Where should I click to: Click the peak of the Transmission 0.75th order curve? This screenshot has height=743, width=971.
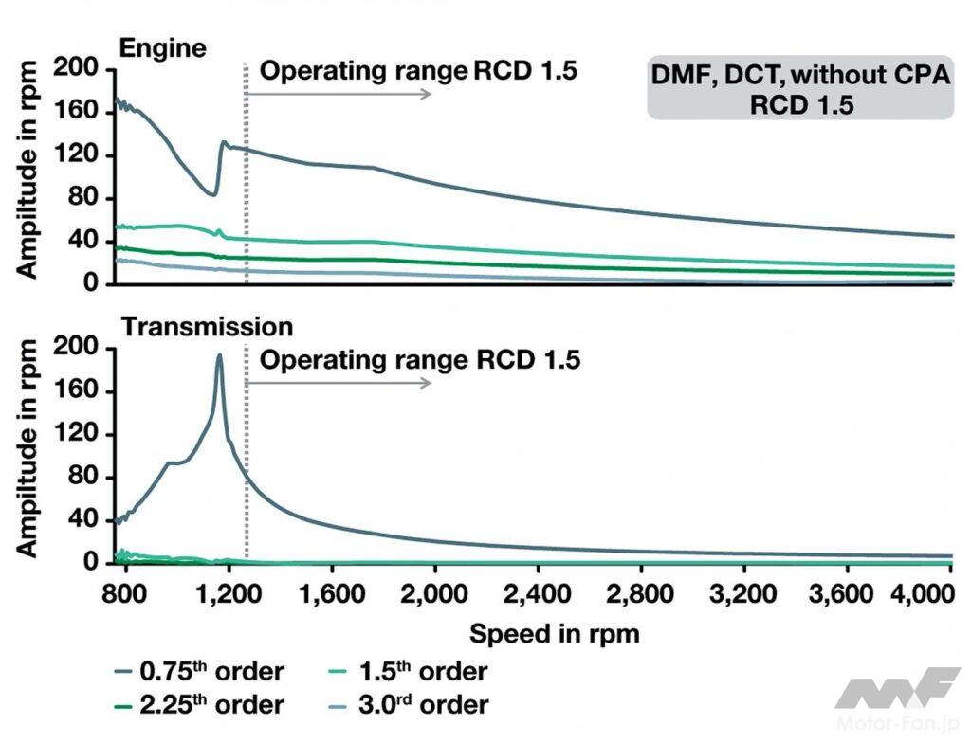219,356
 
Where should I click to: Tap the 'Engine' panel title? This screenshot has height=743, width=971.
162,48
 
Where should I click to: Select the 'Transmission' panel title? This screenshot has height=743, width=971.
207,327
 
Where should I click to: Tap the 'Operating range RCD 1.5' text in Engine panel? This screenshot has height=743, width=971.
418,71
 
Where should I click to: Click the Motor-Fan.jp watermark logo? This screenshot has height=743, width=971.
896,696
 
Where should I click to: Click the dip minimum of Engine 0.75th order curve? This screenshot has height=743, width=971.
212,195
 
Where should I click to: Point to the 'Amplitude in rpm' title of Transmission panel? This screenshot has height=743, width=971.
27,445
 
